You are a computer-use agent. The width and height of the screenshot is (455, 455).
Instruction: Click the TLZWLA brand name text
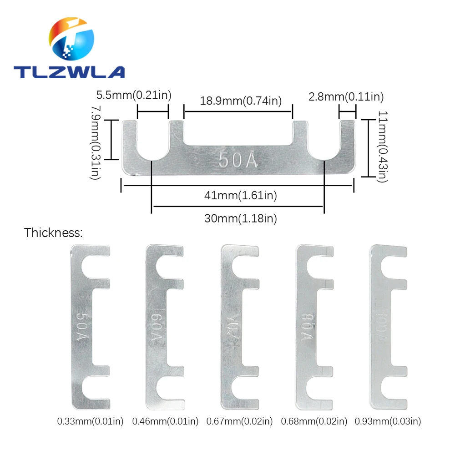point(69,71)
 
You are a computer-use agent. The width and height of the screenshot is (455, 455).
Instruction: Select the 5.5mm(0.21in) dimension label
point(133,96)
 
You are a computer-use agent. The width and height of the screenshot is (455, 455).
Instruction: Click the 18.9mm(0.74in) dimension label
point(241,101)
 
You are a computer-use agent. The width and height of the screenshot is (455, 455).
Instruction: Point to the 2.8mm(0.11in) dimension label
point(346,96)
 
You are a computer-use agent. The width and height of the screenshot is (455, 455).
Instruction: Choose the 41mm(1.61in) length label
point(241,196)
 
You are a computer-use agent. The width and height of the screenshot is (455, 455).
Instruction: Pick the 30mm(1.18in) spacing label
point(241,218)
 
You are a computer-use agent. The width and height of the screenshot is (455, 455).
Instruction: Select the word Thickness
point(54,233)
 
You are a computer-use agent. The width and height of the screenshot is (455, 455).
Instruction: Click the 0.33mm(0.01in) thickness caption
point(90,421)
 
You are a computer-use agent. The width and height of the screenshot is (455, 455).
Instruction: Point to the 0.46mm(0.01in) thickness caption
point(165,421)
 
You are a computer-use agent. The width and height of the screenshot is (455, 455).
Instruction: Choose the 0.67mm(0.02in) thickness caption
point(240,421)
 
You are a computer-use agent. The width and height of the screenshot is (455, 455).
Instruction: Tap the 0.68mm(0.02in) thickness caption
point(314,421)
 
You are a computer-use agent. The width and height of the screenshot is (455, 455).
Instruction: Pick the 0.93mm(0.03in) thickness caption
point(388,421)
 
